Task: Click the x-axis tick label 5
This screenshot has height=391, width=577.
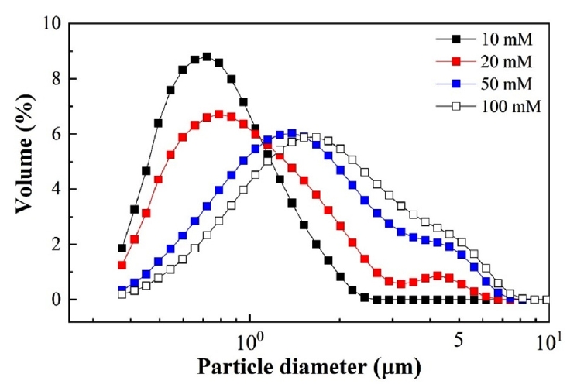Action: (x=459, y=338)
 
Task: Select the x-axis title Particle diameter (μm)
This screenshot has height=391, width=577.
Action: (x=308, y=366)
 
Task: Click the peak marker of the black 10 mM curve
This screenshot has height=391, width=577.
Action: (x=207, y=57)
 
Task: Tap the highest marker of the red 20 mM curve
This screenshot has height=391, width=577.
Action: (x=219, y=115)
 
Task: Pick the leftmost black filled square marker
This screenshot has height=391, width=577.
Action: (x=122, y=249)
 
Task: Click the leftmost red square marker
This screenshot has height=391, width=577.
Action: (x=122, y=265)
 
